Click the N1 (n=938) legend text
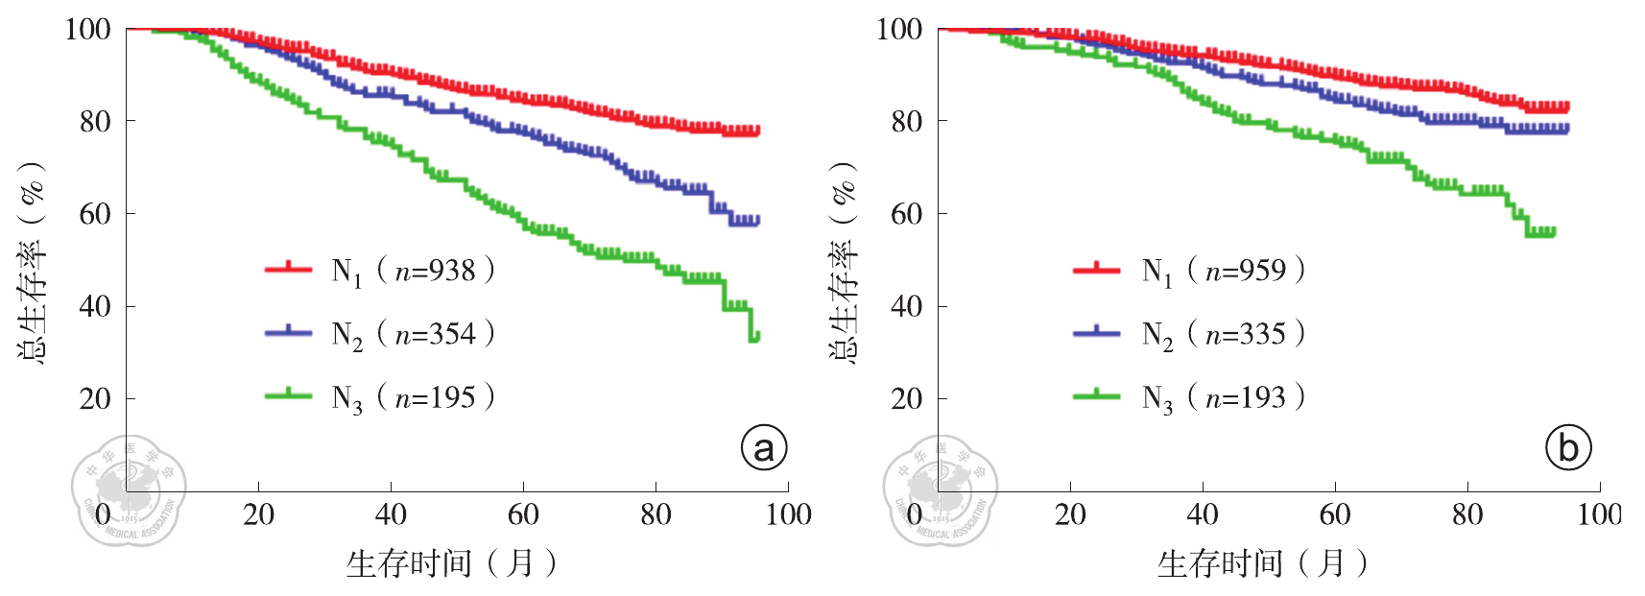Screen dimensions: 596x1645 [x=413, y=271]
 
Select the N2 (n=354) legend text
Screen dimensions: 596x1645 [x=413, y=334]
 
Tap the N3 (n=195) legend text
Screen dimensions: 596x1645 [x=413, y=397]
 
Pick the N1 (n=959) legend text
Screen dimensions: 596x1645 [x=1223, y=271]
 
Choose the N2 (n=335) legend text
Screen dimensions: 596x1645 [x=1223, y=334]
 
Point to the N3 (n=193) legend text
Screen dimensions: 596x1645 [x=1223, y=397]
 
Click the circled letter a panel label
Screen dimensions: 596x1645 [x=764, y=447]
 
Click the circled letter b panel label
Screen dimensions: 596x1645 [x=1568, y=447]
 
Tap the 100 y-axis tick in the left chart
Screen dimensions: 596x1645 [x=87, y=30]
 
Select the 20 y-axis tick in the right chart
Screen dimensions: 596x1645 [x=906, y=398]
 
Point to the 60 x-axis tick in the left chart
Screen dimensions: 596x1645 [x=523, y=515]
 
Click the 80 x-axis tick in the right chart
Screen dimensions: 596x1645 [x=1466, y=515]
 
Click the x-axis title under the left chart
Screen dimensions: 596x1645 [x=451, y=563]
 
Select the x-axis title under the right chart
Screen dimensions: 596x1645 [x=1262, y=563]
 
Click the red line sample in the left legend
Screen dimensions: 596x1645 [x=288, y=269]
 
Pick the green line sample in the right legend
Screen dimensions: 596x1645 [x=1096, y=395]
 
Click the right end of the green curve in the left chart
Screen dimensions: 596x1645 [x=756, y=336]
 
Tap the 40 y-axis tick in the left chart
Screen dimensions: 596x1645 [x=94, y=306]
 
